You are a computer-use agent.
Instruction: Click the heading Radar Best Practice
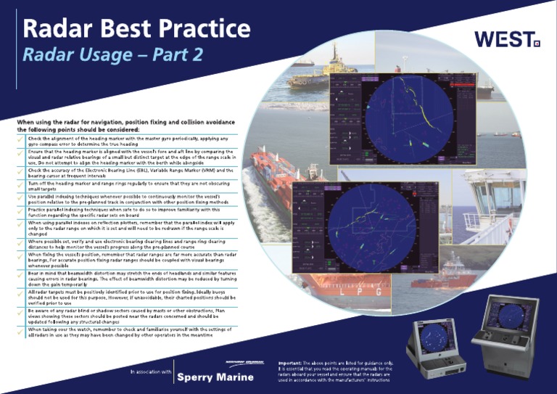pyautogui.click(x=136, y=28)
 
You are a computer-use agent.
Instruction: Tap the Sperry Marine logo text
pyautogui.click(x=215, y=377)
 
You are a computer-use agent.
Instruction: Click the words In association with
pyautogui.click(x=151, y=372)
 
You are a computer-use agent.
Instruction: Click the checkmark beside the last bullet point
pyautogui.click(x=20, y=332)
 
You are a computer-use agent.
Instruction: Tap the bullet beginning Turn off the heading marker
pyautogui.click(x=131, y=186)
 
